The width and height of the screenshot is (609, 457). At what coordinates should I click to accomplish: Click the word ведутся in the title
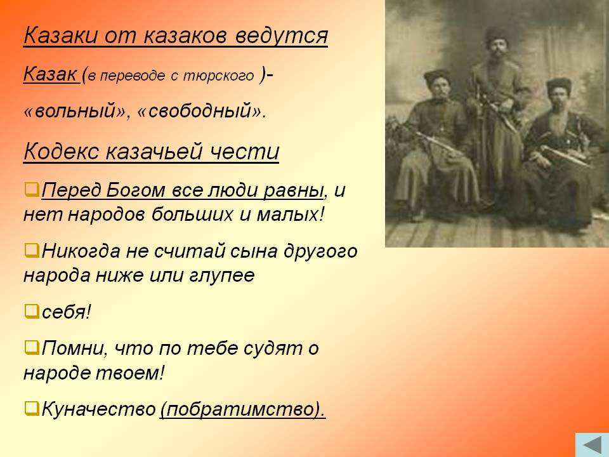(282, 36)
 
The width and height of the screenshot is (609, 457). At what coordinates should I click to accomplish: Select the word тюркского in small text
(218, 76)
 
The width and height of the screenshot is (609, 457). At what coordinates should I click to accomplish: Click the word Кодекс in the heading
(62, 151)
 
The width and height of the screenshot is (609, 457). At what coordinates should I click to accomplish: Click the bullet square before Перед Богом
(32, 189)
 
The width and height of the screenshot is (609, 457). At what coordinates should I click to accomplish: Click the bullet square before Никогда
(32, 250)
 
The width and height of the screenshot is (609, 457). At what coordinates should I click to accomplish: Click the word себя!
(66, 312)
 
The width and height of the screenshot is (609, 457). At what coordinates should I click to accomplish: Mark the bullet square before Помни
(32, 347)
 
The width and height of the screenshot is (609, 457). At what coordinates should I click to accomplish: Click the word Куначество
(99, 409)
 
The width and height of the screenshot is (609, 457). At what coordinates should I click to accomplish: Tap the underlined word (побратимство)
(243, 409)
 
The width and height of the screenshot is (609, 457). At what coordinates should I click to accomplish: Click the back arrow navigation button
(592, 445)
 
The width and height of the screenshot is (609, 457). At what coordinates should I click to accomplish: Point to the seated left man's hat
(436, 77)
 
